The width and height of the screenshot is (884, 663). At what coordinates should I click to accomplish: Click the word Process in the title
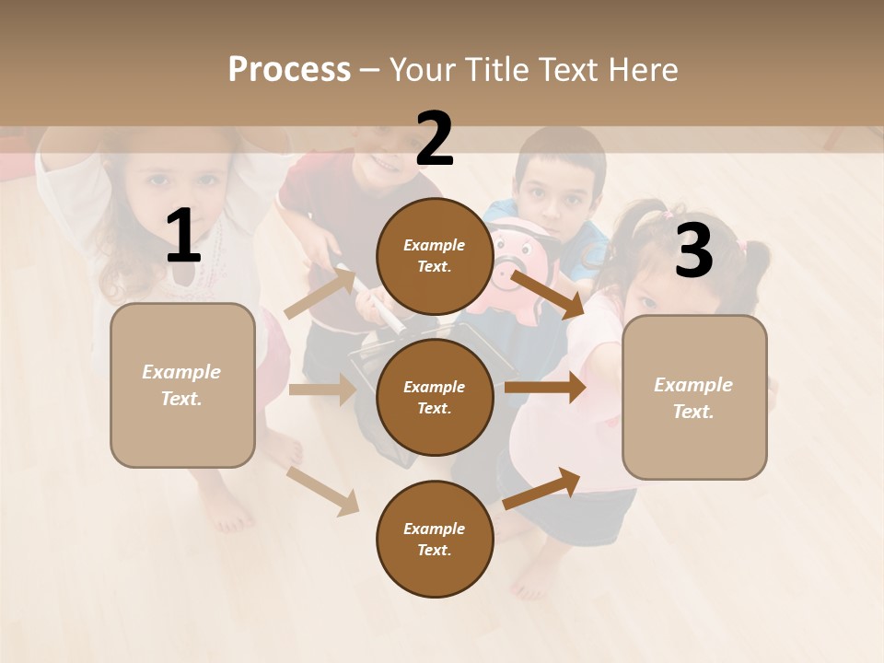(289, 69)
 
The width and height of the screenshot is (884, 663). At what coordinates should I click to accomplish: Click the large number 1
(183, 237)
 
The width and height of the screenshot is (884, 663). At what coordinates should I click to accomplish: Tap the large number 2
(435, 139)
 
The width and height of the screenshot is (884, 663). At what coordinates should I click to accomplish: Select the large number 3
(693, 250)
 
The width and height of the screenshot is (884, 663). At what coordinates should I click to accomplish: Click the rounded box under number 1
(182, 385)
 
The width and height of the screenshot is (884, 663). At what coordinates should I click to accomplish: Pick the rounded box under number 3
(694, 397)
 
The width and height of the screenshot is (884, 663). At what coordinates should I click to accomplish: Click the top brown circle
(435, 256)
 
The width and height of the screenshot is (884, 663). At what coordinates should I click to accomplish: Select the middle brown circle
(435, 397)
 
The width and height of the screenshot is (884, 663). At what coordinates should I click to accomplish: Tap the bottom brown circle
(435, 539)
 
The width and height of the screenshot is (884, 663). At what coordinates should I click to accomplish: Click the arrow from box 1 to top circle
(320, 292)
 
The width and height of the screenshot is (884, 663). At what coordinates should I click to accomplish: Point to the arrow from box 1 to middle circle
(321, 390)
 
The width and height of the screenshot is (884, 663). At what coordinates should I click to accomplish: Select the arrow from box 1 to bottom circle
(322, 490)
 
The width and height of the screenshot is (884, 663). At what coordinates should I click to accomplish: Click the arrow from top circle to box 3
(547, 294)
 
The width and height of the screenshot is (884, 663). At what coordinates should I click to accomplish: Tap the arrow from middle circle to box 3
(544, 388)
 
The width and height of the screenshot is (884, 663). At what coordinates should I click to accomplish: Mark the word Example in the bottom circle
(434, 529)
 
